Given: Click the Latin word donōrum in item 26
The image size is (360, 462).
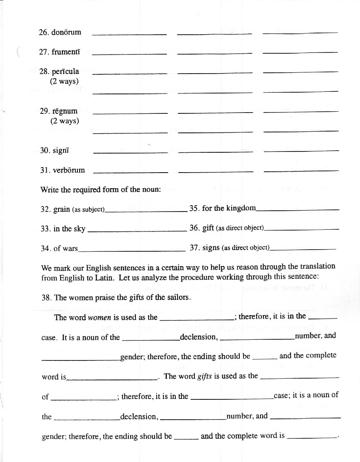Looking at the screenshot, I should pyautogui.click(x=66, y=32).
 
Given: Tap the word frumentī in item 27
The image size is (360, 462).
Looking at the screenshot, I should pyautogui.click(x=66, y=52).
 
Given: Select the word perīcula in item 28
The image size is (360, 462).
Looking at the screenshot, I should pyautogui.click(x=65, y=71).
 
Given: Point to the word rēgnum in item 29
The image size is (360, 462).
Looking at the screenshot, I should pyautogui.click(x=65, y=111).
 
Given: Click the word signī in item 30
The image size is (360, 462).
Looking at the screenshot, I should pyautogui.click(x=61, y=150).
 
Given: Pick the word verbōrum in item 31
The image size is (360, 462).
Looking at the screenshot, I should pyautogui.click(x=69, y=170).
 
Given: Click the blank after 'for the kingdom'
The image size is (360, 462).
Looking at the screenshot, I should pyautogui.click(x=298, y=210).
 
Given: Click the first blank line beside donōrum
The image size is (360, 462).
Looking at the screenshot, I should pyautogui.click(x=129, y=33).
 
